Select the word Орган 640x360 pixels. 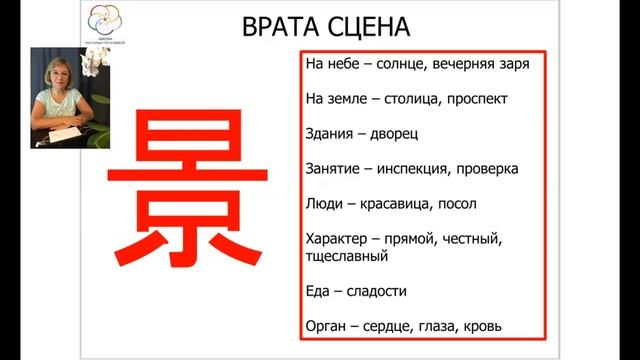click(x=324, y=326)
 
